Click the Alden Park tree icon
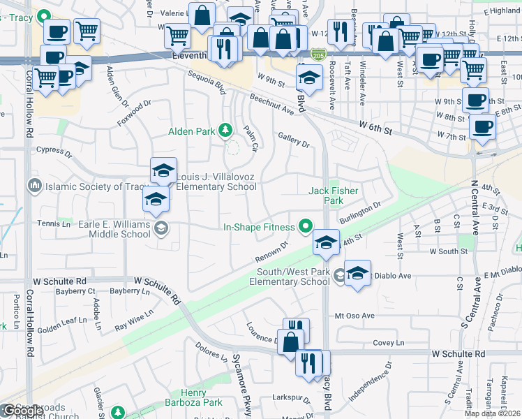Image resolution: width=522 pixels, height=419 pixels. (x=225, y=130)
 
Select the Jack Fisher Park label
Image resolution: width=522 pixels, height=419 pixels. (x=327, y=196)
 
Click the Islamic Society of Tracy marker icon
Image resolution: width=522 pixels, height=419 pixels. (x=33, y=186)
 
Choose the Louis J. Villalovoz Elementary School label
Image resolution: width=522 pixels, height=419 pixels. (x=216, y=182)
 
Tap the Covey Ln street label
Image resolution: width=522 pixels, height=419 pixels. (x=389, y=343)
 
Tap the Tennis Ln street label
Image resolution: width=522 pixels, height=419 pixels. (x=57, y=224)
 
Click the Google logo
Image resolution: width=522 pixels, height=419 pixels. (x=23, y=411)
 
